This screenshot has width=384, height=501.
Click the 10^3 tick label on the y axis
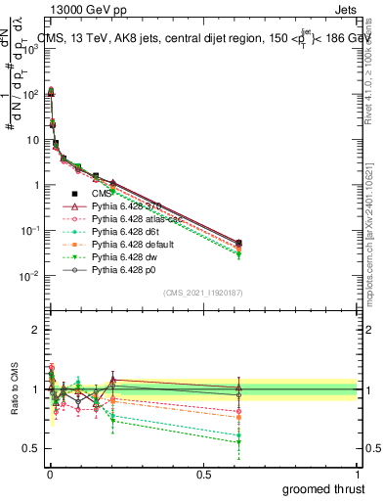tap(29, 50)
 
